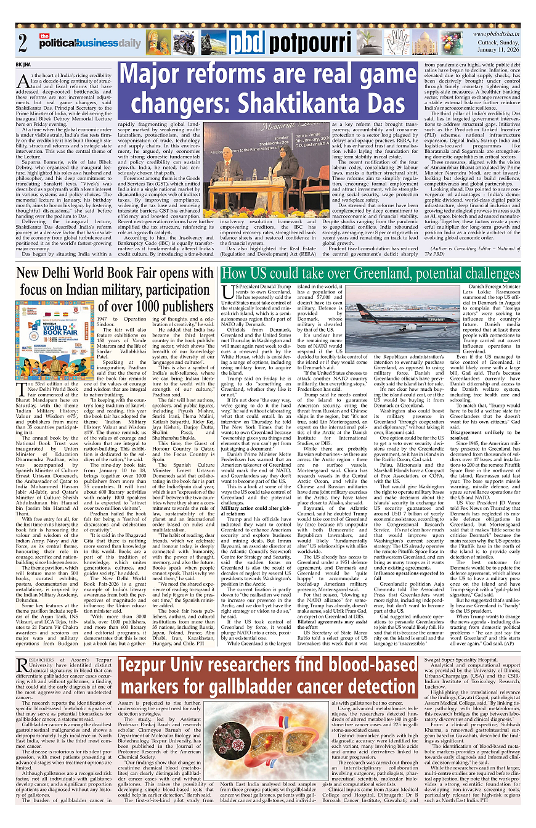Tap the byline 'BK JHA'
click(x=23, y=64)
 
